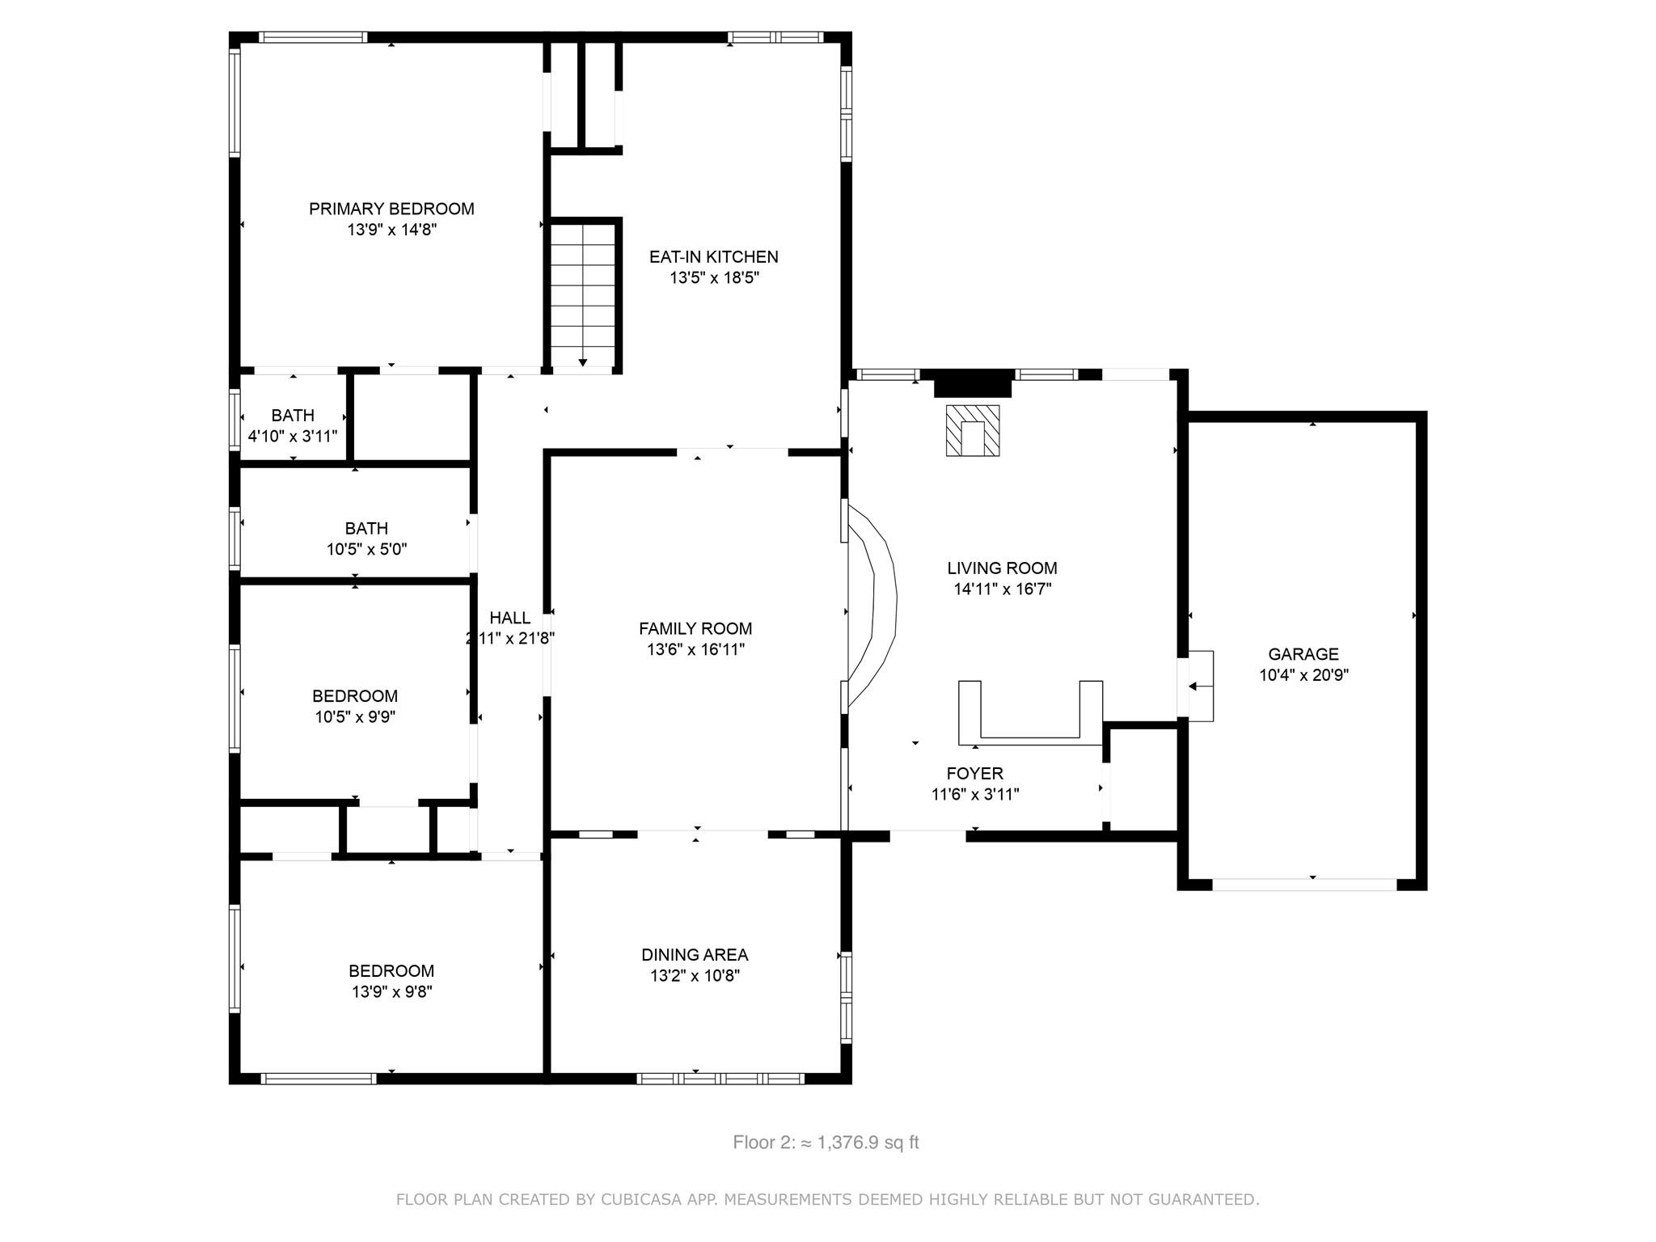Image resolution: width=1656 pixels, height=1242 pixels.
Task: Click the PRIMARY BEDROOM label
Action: [391, 209]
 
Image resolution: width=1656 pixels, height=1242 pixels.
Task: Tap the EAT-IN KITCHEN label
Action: [714, 257]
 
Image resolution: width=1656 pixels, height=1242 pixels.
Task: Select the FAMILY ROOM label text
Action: [695, 628]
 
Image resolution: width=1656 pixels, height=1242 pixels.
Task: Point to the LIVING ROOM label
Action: [1002, 568]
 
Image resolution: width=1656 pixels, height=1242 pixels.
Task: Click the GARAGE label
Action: [1303, 654]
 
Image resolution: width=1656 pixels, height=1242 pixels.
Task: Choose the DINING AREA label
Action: [695, 955]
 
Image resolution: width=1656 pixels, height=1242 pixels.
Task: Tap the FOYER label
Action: [975, 774]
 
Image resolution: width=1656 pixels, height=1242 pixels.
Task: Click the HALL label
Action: [510, 618]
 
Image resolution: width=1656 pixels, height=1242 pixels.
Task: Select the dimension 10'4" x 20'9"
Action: [1303, 675]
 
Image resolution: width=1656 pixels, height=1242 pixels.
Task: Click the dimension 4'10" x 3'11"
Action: [293, 437]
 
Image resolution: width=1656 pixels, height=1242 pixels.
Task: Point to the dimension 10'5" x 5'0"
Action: [366, 550]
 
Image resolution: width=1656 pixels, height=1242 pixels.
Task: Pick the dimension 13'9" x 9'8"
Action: [392, 992]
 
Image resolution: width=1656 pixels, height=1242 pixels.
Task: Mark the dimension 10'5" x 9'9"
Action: [355, 717]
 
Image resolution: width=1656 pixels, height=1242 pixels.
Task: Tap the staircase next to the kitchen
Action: [582, 297]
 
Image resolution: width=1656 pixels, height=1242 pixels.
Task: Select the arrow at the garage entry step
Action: [1200, 686]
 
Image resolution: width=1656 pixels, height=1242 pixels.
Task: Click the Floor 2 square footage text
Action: [826, 1143]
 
